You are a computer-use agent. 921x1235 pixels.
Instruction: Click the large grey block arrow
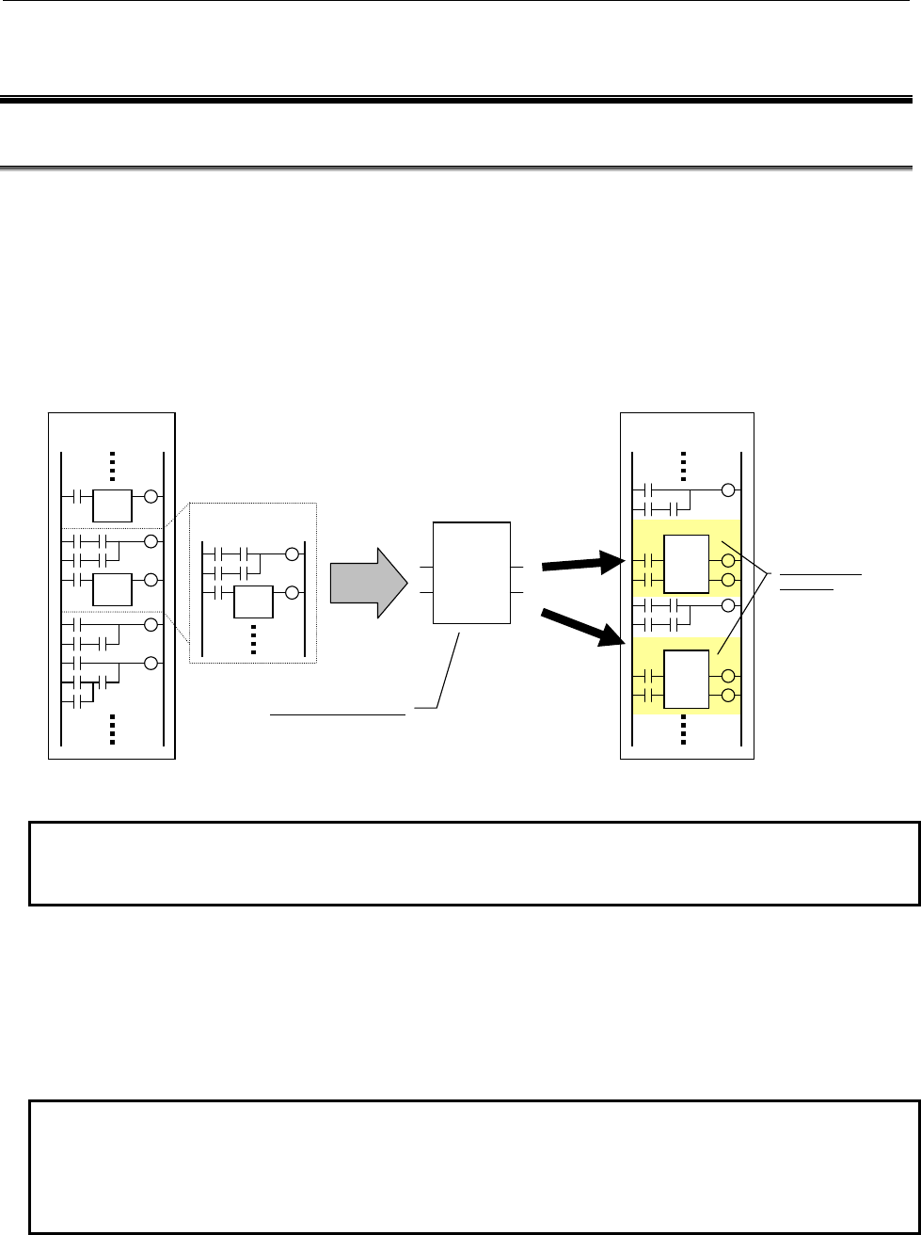(x=368, y=582)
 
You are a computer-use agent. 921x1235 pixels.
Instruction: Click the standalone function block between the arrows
(x=471, y=572)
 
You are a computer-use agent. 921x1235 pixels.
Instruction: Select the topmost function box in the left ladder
(x=112, y=505)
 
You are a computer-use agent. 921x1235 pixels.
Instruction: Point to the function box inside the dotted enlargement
(x=253, y=599)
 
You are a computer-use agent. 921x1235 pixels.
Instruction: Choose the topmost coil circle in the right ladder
(x=726, y=489)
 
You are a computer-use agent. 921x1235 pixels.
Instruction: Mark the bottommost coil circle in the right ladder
(x=726, y=695)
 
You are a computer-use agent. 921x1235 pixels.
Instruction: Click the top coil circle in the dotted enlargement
(x=292, y=553)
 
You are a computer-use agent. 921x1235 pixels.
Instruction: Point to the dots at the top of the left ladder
(x=112, y=466)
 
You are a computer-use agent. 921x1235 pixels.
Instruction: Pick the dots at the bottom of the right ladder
(x=683, y=729)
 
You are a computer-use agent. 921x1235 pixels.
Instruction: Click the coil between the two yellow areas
(x=726, y=605)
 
